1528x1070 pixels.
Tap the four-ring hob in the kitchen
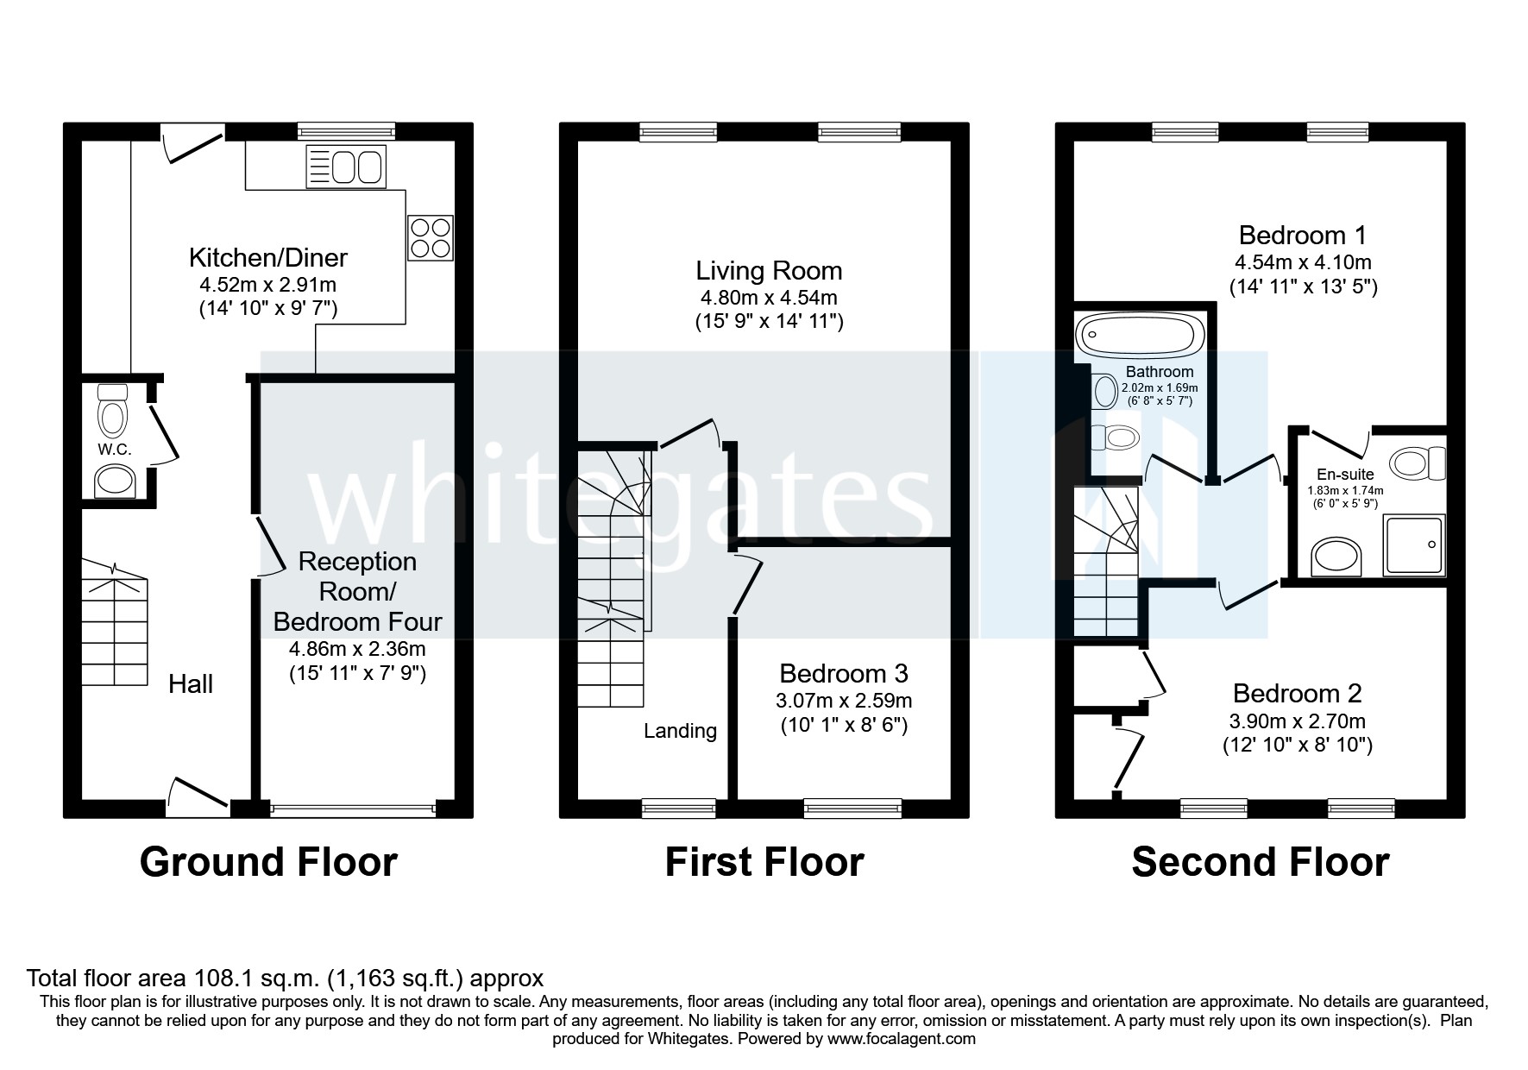coord(430,237)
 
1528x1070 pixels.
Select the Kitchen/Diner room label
coord(267,257)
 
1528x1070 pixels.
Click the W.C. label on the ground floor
coord(114,450)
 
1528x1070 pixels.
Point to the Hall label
coord(191,684)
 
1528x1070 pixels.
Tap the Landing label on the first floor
coord(680,731)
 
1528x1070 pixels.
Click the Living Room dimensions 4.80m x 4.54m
coord(768,298)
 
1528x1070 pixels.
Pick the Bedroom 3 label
coord(843,673)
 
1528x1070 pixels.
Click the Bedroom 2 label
coord(1297,693)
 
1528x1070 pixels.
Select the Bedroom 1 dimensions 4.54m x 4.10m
coord(1302,261)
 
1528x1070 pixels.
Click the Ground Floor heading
coord(268,862)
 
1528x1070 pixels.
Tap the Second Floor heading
coord(1260,862)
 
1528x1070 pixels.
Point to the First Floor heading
coord(764,862)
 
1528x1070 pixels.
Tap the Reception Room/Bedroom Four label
coord(357,592)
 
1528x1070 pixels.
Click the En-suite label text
coord(1345,475)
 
